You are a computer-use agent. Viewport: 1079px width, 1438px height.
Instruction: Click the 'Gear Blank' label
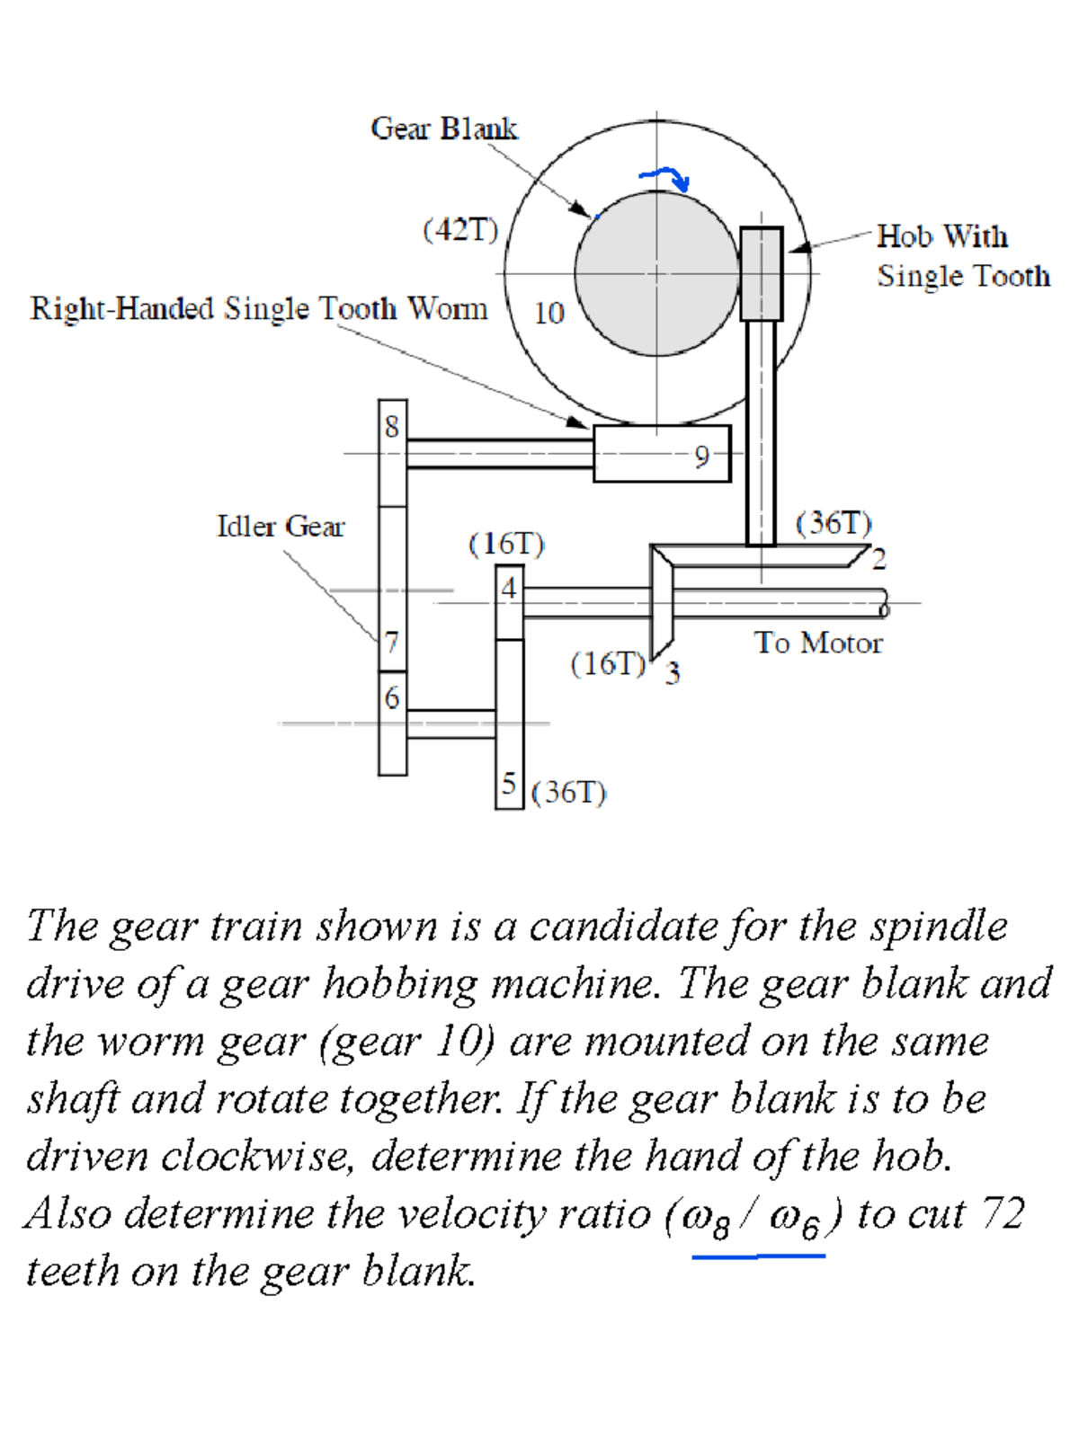443,129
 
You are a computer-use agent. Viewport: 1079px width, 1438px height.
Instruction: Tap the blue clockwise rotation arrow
665,177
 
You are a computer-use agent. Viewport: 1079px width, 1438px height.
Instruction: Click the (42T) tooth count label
460,230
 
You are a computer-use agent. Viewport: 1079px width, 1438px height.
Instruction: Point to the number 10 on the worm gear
548,313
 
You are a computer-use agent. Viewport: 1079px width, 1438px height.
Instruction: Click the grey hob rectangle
761,273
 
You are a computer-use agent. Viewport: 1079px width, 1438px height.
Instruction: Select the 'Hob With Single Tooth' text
962,256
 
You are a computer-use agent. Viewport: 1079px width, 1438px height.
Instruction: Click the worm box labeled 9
662,454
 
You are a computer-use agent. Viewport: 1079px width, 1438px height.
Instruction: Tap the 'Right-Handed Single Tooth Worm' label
259,308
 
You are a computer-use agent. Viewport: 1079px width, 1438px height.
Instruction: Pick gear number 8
392,426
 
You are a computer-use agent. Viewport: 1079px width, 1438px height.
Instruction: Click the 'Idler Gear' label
281,526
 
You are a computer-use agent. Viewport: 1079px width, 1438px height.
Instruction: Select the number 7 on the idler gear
391,643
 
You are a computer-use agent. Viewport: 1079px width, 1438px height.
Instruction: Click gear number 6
392,698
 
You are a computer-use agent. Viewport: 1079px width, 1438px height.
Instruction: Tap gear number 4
509,589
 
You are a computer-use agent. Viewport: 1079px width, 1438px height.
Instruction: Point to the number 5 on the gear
509,783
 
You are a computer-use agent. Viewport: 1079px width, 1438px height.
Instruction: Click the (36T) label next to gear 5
568,793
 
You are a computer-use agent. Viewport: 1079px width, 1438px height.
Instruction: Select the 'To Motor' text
818,643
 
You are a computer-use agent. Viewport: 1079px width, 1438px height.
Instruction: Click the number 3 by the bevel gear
673,673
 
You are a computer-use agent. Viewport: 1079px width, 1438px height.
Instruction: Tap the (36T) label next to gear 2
834,523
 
